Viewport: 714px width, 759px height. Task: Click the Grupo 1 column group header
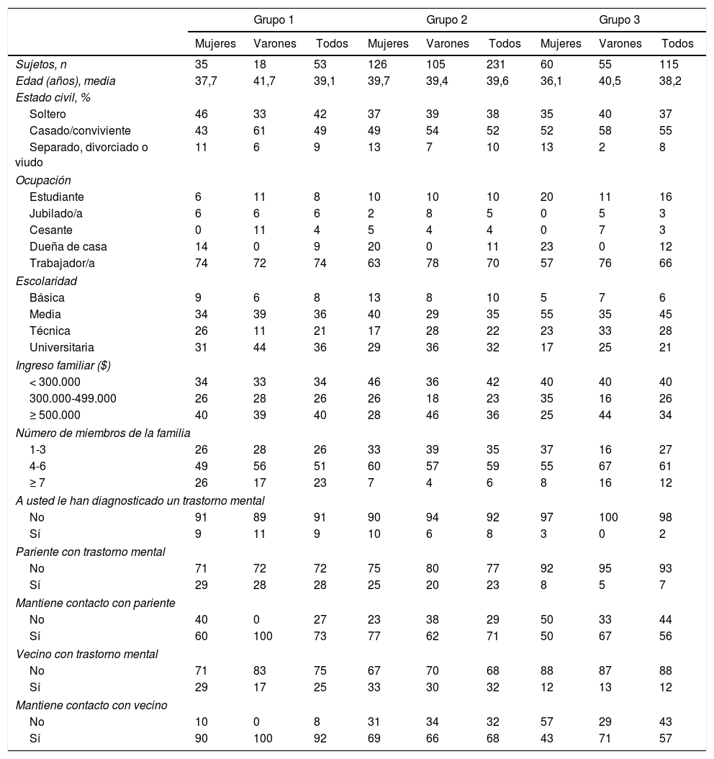[273, 19]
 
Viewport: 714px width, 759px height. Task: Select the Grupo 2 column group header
[446, 19]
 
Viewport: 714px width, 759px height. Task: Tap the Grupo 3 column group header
[619, 19]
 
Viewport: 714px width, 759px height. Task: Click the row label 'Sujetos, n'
[41, 65]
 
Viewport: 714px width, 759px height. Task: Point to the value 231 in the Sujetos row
[497, 65]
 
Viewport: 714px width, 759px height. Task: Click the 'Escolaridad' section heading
[46, 281]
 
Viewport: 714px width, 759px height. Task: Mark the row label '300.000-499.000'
[73, 398]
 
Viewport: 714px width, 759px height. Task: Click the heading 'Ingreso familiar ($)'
[63, 365]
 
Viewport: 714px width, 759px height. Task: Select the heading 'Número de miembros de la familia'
[103, 432]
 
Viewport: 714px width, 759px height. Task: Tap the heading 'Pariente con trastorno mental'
[91, 552]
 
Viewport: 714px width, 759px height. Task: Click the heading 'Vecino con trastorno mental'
[87, 654]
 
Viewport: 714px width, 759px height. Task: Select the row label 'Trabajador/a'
[61, 263]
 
